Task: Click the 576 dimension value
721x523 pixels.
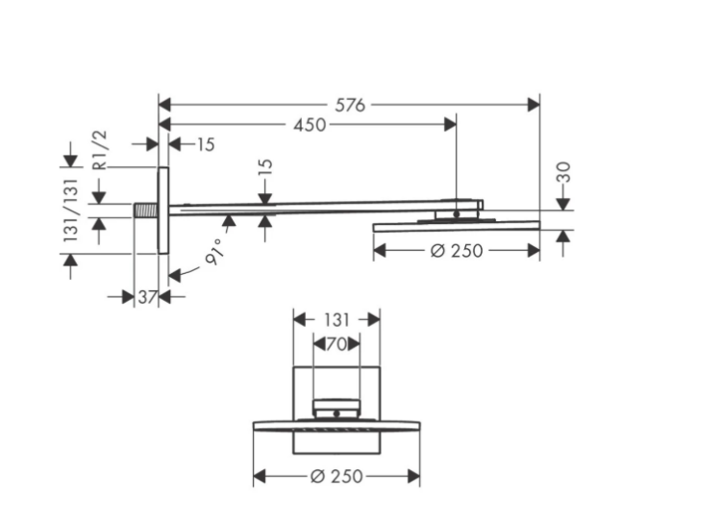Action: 350,106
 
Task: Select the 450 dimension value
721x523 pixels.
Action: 310,125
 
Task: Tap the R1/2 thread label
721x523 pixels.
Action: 100,150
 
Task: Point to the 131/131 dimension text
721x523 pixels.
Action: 71,211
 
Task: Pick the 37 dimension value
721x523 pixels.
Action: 147,297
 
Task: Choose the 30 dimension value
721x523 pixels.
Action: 563,172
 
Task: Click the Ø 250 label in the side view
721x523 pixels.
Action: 456,251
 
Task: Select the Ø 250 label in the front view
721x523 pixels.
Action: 336,476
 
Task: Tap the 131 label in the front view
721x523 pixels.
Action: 336,320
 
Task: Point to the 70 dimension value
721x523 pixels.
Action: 336,344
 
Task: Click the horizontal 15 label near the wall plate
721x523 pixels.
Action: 206,145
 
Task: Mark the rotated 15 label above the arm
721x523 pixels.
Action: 265,167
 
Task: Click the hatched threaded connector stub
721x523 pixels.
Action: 146,211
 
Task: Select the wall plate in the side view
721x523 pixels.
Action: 163,211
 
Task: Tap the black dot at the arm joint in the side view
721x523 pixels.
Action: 456,213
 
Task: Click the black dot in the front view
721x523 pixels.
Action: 336,414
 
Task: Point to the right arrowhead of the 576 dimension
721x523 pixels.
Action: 534,106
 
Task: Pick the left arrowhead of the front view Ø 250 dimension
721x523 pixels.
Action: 260,477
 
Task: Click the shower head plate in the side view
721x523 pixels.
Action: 456,226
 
